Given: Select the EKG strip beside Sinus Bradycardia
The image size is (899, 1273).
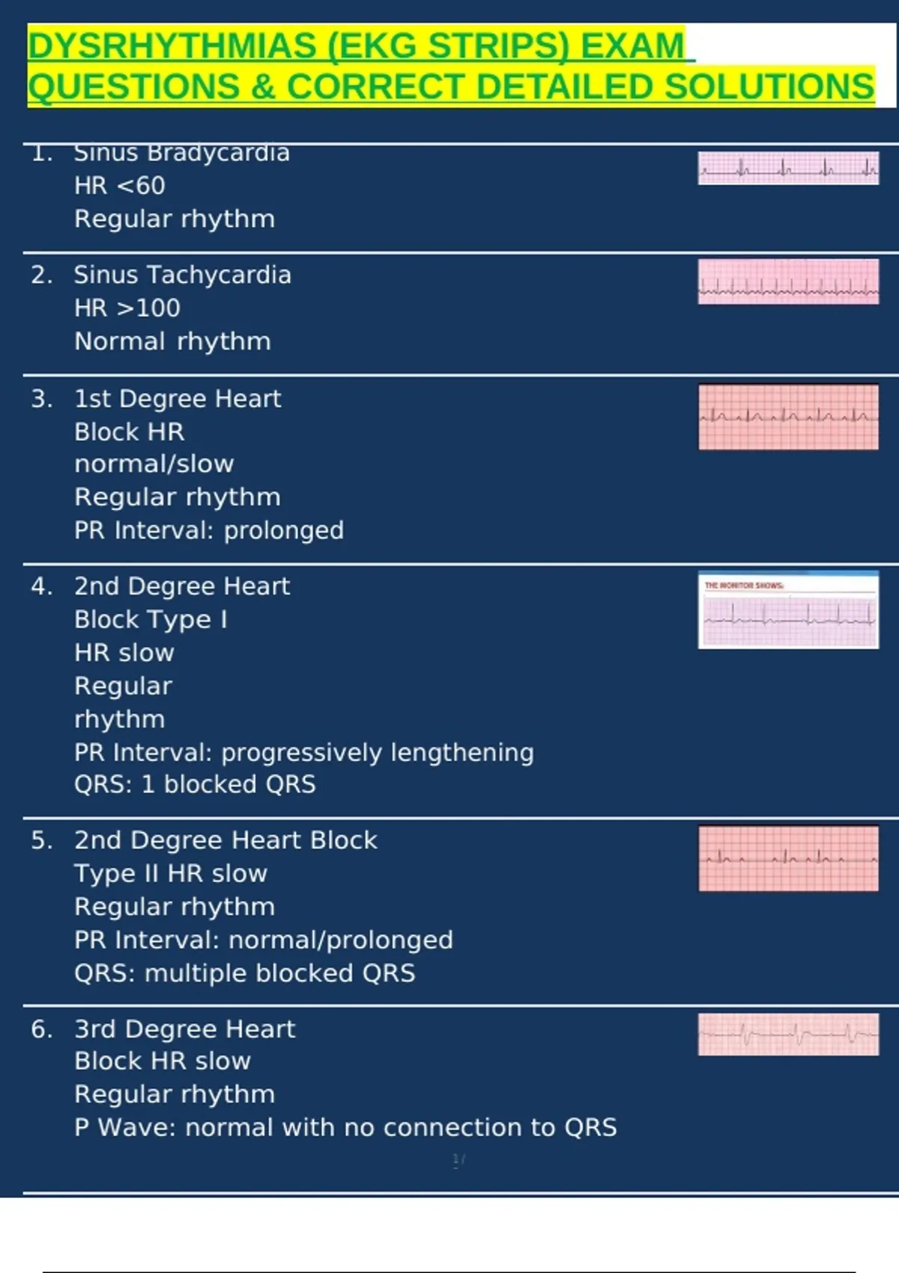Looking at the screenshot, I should coord(788,168).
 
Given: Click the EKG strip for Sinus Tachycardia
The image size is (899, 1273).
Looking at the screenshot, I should coord(788,282).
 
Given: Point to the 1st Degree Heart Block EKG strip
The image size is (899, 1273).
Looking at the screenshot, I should coord(788,417).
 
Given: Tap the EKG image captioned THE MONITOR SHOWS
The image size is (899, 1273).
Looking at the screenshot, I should coord(788,610).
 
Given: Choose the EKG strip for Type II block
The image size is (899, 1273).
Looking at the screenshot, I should coord(788,858).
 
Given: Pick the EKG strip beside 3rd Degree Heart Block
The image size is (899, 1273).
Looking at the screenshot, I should coord(788,1034).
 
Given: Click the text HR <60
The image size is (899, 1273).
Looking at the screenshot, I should coord(120,186).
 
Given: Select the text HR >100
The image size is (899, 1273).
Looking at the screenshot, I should coord(127,308).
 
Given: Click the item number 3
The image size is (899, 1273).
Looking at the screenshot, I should coord(41,398).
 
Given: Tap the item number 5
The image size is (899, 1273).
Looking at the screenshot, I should coord(41,840).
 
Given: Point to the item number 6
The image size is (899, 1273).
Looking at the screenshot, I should coord(41,1029).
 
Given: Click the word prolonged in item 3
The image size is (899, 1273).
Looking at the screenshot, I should coord(284,530).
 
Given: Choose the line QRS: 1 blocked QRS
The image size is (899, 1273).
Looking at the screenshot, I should coord(195,784).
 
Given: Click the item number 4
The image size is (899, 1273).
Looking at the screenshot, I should coord(41,586).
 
